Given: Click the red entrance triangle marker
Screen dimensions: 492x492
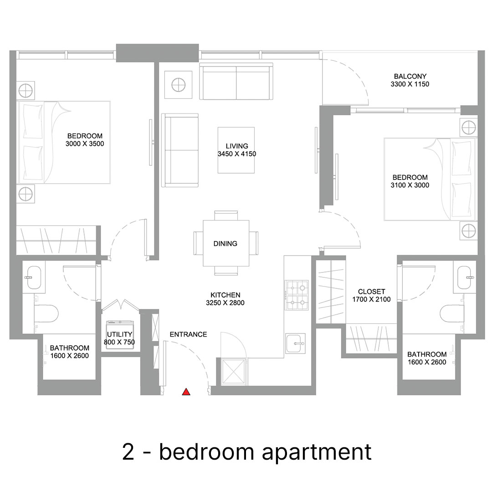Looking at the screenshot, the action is point(186,392).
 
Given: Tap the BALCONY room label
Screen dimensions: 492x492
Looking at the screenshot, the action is point(410,76).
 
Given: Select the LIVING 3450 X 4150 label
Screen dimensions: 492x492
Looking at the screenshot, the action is point(237,150).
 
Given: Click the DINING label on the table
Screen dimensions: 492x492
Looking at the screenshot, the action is point(225,243).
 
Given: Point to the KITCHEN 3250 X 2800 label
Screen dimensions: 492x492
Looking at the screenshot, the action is point(225,299).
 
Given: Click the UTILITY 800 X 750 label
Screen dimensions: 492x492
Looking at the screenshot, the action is point(119,338).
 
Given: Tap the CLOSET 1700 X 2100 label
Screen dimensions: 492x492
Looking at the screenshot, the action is point(372,295).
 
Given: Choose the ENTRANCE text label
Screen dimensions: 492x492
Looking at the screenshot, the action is point(188,334).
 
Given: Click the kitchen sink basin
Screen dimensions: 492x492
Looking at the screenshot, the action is point(295,343).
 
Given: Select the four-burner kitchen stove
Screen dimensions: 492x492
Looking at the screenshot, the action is point(297,295).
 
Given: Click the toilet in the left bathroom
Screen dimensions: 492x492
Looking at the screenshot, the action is point(46,313).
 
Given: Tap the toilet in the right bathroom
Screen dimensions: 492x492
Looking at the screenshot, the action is point(452,313).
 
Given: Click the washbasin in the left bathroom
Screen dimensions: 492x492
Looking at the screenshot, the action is point(34,278).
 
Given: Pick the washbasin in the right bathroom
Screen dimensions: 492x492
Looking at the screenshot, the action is point(464,278).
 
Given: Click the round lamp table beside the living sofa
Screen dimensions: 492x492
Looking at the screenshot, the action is point(179,85).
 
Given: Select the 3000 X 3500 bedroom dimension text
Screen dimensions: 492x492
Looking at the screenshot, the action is point(85,143).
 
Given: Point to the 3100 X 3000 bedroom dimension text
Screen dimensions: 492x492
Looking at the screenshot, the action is point(410,185).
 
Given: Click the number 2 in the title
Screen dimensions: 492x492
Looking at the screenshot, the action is point(128,452).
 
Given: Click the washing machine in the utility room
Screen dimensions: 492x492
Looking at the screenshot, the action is point(120,326).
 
